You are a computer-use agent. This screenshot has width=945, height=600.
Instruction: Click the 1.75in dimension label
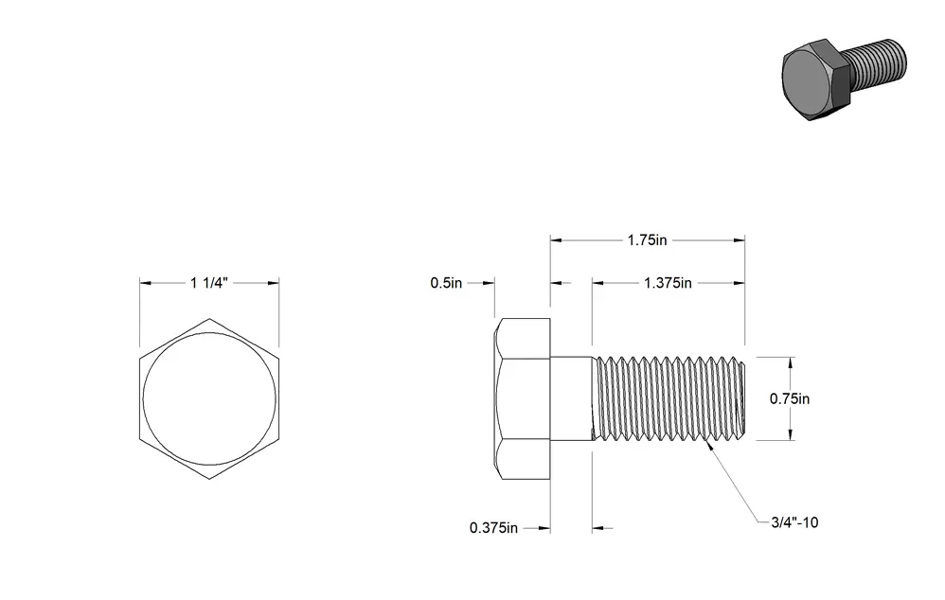coord(647,240)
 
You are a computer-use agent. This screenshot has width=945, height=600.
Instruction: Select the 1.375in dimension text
coord(668,283)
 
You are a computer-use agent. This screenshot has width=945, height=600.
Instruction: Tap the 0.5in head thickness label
coord(446,283)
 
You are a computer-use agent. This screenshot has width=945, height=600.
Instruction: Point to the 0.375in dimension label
coord(493,528)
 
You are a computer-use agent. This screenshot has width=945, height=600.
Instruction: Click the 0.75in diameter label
coord(790,398)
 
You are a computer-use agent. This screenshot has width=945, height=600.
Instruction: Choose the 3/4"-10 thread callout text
coord(795,522)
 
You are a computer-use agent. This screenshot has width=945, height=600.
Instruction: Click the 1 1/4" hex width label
coord(209,283)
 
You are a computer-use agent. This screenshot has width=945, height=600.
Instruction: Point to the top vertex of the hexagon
coord(209,319)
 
